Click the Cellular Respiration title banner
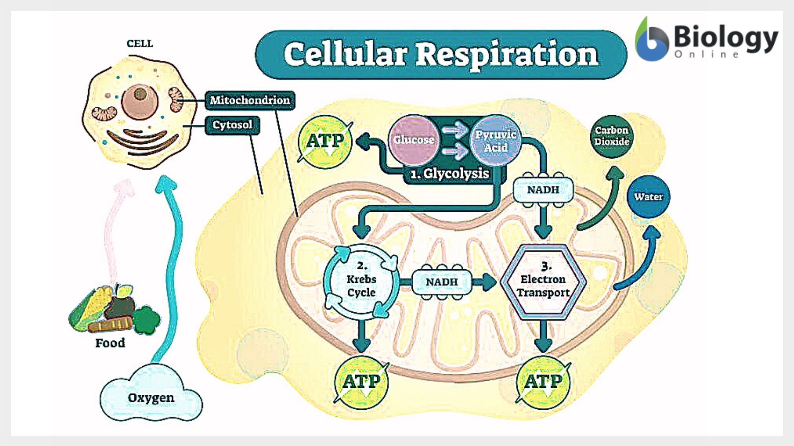click(x=441, y=55)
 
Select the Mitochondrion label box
click(x=250, y=100)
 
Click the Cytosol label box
click(x=232, y=125)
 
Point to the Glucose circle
click(x=414, y=140)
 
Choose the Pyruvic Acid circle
click(x=495, y=140)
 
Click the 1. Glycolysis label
click(x=450, y=173)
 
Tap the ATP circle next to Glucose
click(x=325, y=142)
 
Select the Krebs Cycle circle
click(x=361, y=282)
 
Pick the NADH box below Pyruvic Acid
click(x=543, y=190)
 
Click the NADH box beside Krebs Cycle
click(x=442, y=282)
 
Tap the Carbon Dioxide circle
click(x=612, y=136)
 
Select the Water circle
click(x=648, y=197)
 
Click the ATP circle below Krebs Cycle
click(x=361, y=382)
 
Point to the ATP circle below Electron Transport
click(x=543, y=382)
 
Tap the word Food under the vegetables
click(x=110, y=343)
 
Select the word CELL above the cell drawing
click(x=140, y=44)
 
